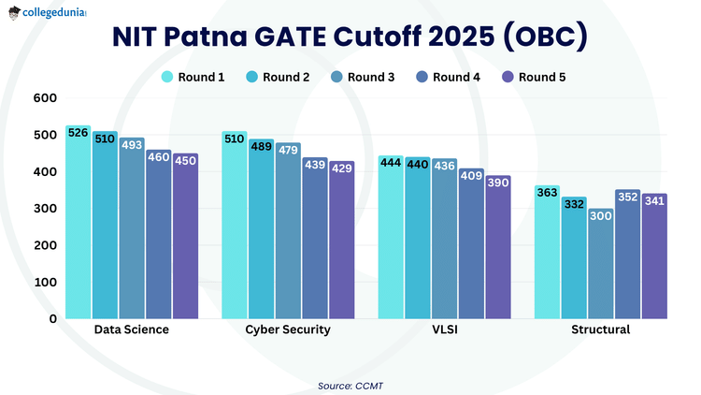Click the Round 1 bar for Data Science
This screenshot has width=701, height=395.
pos(79,225)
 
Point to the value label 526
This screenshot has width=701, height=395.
pos(79,133)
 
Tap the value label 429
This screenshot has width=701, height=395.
pos(342,168)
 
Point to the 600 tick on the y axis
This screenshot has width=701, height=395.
pos(45,98)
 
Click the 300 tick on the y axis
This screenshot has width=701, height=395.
pos(45,208)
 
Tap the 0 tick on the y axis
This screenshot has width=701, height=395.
pos(52,318)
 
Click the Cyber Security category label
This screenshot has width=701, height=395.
pos(288,330)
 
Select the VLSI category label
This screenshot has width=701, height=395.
pos(444,330)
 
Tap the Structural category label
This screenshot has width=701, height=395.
pos(601,330)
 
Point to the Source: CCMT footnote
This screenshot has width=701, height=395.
pos(350,385)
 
